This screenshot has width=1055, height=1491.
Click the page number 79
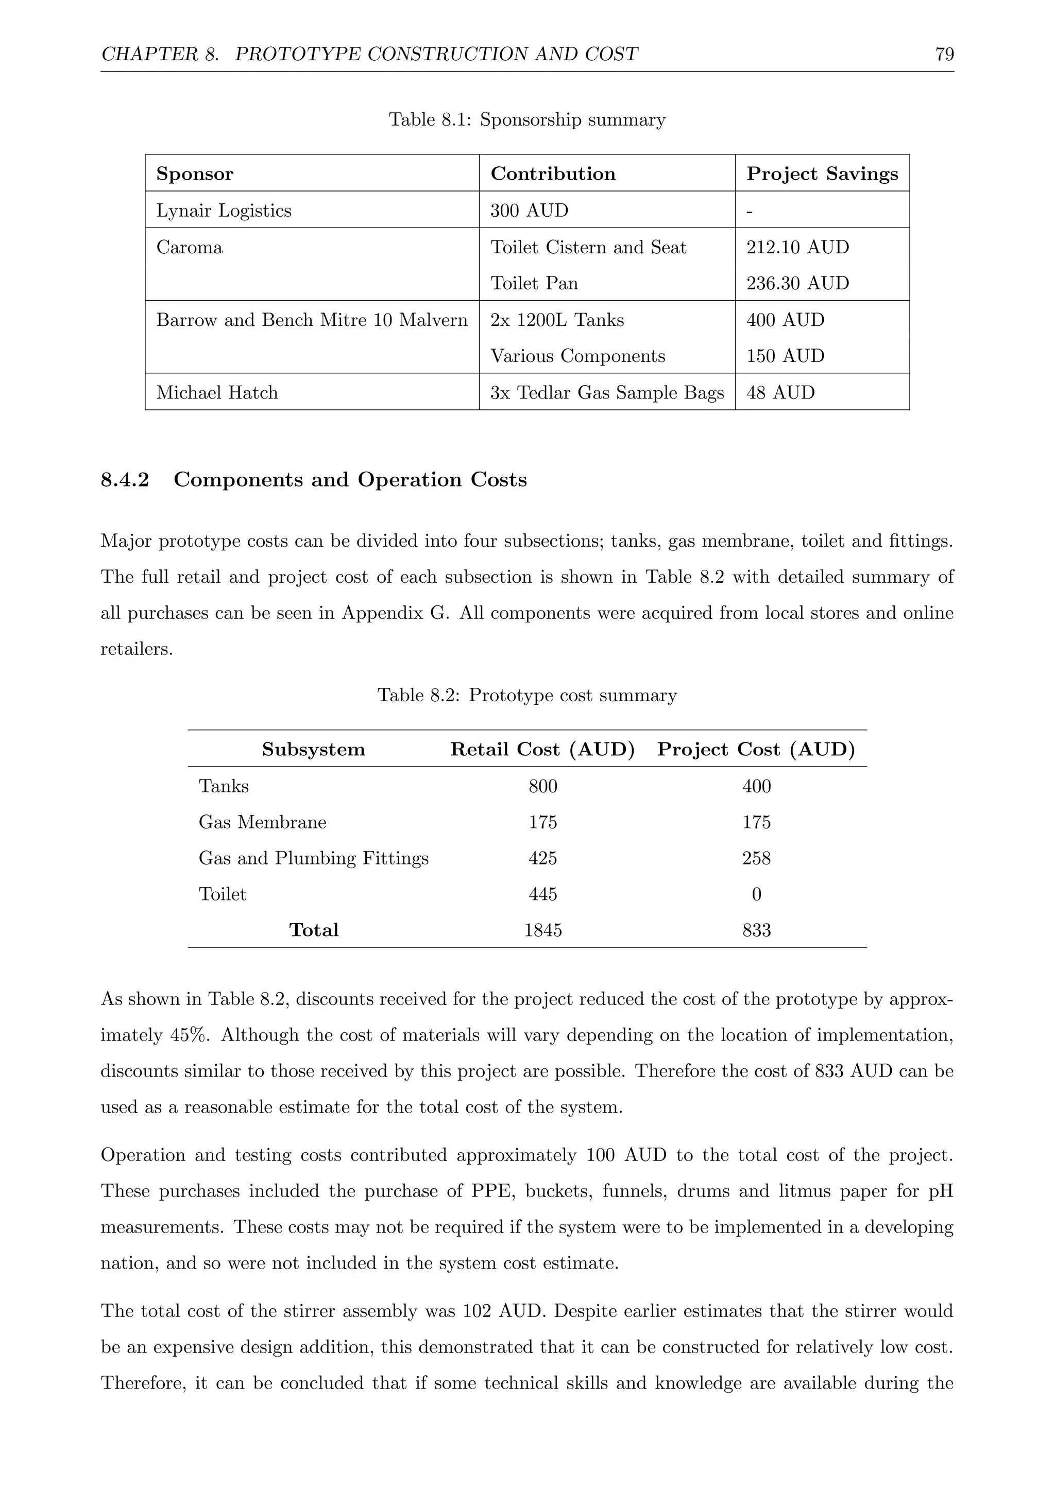[944, 54]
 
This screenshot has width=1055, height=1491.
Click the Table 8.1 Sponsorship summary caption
[527, 120]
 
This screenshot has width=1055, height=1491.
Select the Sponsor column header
[194, 174]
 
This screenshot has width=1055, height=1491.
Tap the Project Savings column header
[822, 174]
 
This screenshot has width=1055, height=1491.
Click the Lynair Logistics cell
[224, 211]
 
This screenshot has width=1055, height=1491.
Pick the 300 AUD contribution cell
[529, 211]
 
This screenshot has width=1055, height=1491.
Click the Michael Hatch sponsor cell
[217, 392]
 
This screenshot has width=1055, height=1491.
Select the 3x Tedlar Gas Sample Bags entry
[607, 392]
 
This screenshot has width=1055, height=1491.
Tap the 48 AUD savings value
[780, 392]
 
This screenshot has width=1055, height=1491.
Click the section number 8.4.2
[125, 480]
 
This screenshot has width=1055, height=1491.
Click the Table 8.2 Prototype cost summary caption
[527, 696]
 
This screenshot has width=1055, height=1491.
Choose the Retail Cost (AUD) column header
[542, 750]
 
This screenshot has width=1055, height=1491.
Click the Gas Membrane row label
[262, 822]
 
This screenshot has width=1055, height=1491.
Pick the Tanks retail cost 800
[542, 786]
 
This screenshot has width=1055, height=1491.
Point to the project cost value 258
[756, 858]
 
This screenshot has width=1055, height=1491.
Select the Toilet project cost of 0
[756, 894]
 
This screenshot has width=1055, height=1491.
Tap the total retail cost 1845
[542, 930]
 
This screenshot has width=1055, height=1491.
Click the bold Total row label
[314, 930]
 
